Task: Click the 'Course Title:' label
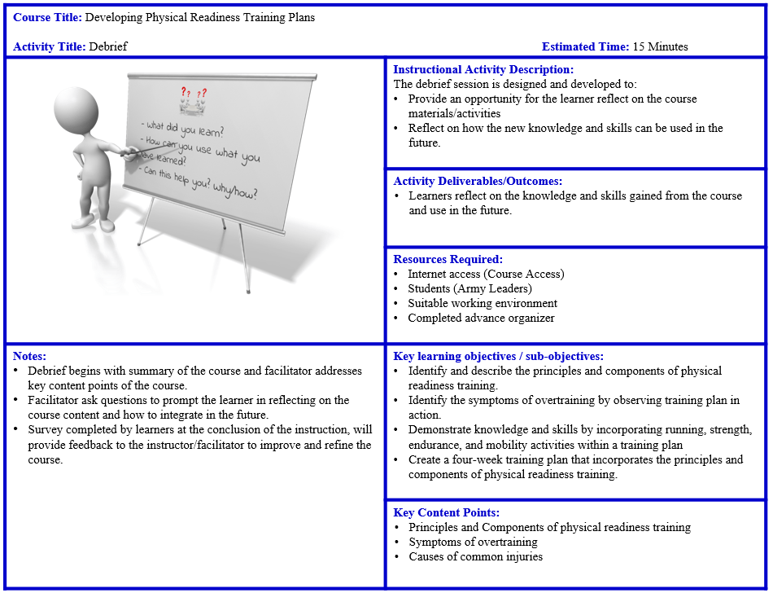47,17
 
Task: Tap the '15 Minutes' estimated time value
660,46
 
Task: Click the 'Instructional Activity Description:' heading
483,70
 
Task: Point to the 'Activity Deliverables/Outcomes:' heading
478,182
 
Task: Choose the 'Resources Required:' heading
448,260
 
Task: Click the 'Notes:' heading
29,356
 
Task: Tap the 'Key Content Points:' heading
446,513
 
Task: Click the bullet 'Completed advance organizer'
481,318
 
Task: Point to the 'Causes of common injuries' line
475,557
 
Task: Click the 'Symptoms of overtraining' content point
473,542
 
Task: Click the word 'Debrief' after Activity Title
108,46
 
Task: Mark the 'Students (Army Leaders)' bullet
469,289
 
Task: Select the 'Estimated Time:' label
584,46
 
